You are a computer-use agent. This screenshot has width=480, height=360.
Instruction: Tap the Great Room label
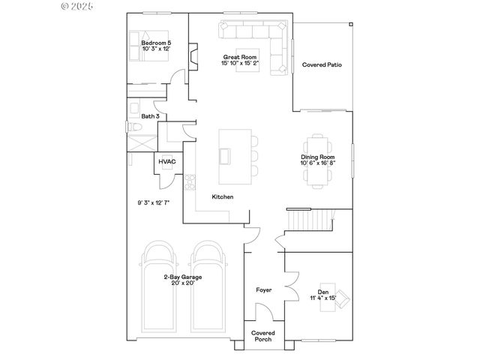(x=239, y=57)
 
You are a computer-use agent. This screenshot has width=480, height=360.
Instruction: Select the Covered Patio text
(x=322, y=65)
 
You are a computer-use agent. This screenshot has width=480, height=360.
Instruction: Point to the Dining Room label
(x=319, y=157)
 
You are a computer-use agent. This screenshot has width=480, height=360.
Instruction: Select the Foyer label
(x=263, y=289)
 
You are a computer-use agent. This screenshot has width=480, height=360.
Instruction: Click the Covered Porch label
(x=263, y=335)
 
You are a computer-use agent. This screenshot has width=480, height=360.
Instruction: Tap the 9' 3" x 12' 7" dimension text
(x=153, y=202)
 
